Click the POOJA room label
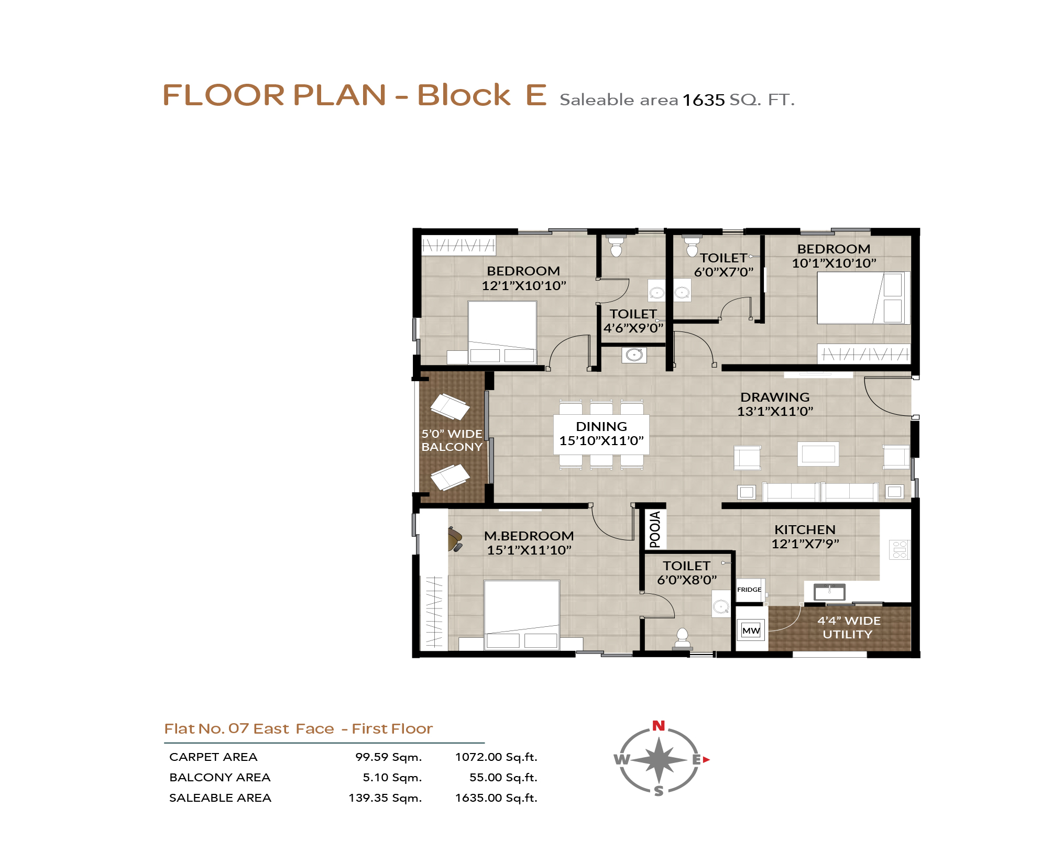[655, 529]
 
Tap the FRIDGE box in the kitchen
[750, 590]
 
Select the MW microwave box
[751, 630]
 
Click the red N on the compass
[659, 726]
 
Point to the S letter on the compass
[659, 791]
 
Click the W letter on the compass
[621, 759]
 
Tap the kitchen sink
[829, 592]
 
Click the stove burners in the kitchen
[900, 549]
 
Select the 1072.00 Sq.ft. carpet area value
[496, 757]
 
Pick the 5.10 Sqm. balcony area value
[392, 778]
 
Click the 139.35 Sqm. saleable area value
[385, 798]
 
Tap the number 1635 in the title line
[704, 99]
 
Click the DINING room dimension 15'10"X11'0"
[601, 440]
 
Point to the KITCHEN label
[805, 529]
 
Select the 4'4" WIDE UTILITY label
[849, 627]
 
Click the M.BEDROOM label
[529, 536]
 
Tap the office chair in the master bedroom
[455, 539]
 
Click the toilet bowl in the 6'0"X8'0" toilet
[682, 639]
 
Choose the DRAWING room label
[775, 397]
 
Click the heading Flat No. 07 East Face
[249, 729]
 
